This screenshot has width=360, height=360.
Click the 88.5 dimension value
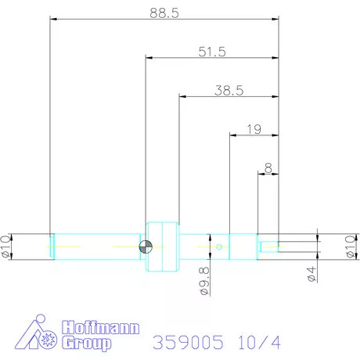click(164, 12)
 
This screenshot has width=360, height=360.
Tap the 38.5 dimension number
click(229, 90)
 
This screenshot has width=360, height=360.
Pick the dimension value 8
click(268, 167)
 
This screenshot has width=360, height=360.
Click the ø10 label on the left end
click(6, 245)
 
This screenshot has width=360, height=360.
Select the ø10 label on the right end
click(350, 245)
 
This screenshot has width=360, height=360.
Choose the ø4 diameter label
click(311, 273)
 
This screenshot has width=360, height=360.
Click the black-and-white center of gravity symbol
click(146, 247)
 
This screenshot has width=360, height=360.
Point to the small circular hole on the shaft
click(220, 247)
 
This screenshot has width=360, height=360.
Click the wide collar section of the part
click(163, 247)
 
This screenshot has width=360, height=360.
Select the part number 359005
click(188, 341)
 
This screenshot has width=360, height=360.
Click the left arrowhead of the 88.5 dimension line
click(53, 18)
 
